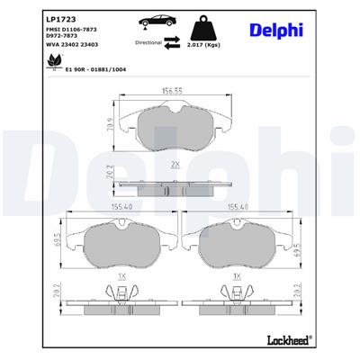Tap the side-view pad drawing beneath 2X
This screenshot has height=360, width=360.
174,185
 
